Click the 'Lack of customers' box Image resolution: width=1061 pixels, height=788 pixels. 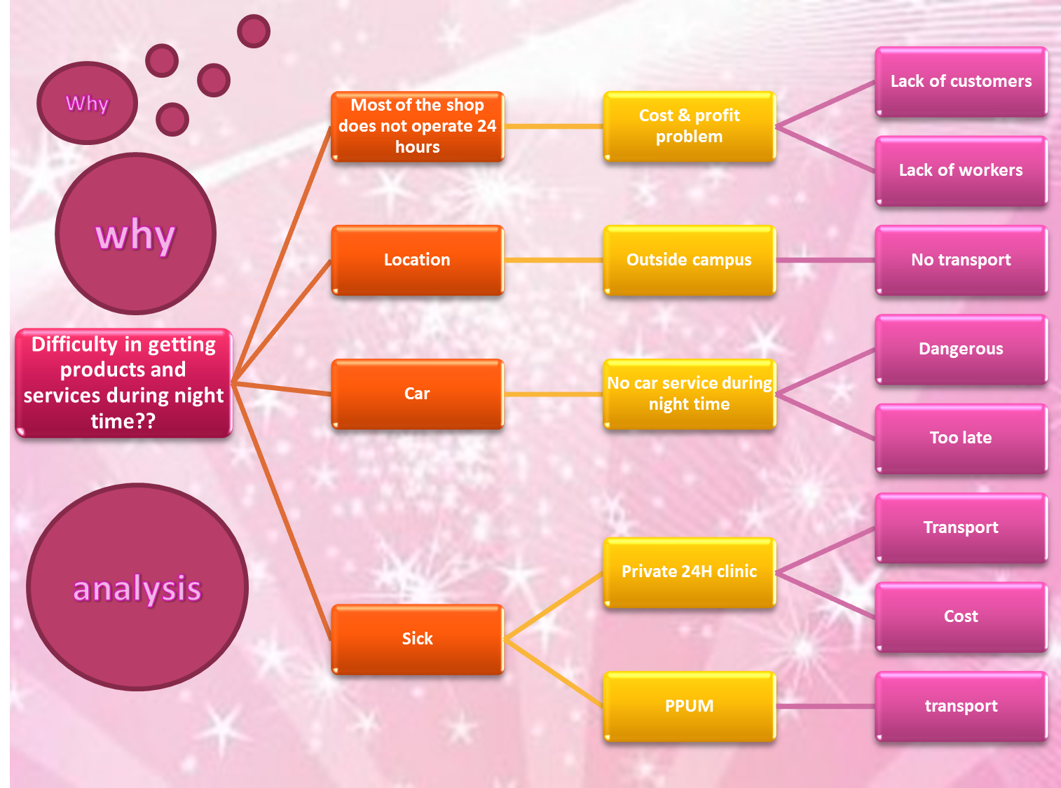pyautogui.click(x=961, y=82)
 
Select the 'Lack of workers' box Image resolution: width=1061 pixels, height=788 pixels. pyautogui.click(x=961, y=171)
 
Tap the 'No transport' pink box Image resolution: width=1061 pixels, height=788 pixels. pyautogui.click(x=961, y=260)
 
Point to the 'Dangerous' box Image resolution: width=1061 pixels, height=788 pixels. pyautogui.click(x=961, y=349)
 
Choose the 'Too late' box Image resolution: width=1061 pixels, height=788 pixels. pyautogui.click(x=961, y=438)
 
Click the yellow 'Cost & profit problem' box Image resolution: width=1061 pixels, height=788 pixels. pyautogui.click(x=689, y=127)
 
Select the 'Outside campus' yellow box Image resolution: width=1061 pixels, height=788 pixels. pyautogui.click(x=689, y=260)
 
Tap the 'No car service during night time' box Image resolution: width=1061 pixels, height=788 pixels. pyautogui.click(x=689, y=394)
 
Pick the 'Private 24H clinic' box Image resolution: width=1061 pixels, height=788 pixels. pyautogui.click(x=689, y=572)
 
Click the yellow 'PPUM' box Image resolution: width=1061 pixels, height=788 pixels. pyautogui.click(x=689, y=706)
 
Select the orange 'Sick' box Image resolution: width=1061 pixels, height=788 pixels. pyautogui.click(x=417, y=639)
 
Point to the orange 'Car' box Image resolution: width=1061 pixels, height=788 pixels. pyautogui.click(x=417, y=394)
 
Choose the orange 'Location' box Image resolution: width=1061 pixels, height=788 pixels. pyautogui.click(x=417, y=260)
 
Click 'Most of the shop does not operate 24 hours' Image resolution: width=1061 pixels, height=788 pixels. pyautogui.click(x=417, y=127)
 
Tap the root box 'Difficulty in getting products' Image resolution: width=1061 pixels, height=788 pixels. pyautogui.click(x=123, y=383)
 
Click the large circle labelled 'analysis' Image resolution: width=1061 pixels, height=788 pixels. pyautogui.click(x=137, y=587)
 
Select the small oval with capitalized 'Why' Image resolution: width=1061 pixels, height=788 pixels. pyautogui.click(x=87, y=104)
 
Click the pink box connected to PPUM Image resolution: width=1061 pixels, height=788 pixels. pyautogui.click(x=961, y=706)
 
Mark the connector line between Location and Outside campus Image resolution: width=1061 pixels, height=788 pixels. pyautogui.click(x=553, y=260)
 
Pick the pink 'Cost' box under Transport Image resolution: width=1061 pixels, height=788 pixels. pyautogui.click(x=961, y=617)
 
